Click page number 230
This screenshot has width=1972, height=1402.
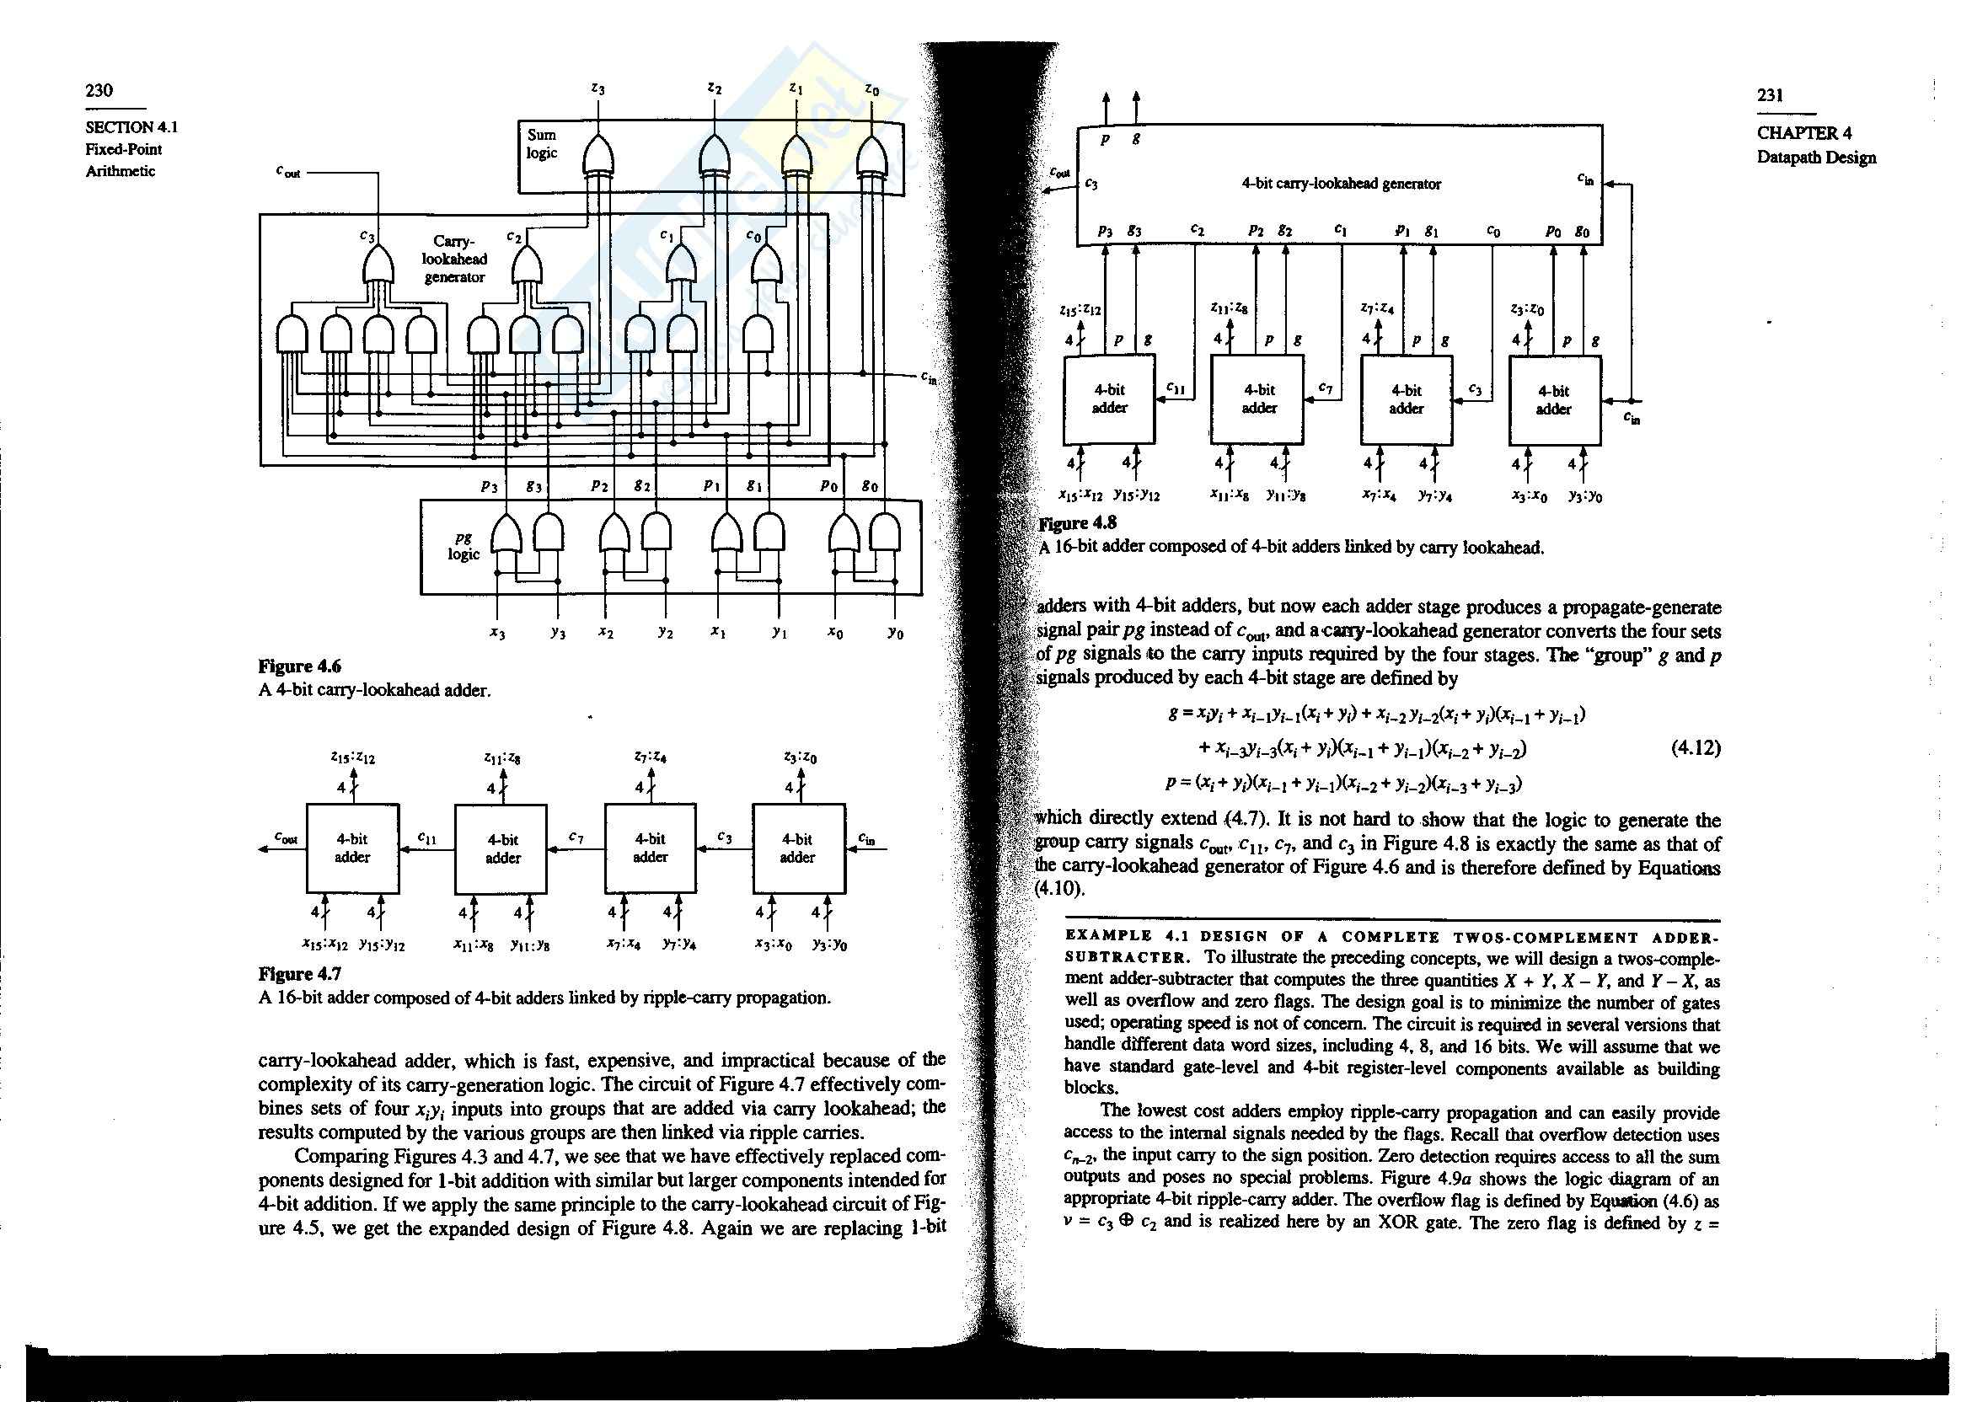[x=99, y=91]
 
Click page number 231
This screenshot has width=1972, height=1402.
[x=1770, y=96]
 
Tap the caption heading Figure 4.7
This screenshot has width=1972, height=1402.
[x=300, y=974]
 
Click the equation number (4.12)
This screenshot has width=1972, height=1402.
[x=1696, y=747]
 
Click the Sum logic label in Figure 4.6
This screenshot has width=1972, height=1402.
[x=542, y=143]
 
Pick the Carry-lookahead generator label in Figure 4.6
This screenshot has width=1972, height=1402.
[x=453, y=259]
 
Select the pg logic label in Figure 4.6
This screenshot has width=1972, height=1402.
[x=463, y=548]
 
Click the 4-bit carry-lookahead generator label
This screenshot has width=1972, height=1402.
[x=1341, y=183]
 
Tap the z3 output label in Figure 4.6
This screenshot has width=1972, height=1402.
[x=597, y=88]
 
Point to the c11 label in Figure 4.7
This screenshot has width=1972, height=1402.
[x=426, y=837]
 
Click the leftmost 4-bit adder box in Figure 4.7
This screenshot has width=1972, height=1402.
[x=352, y=848]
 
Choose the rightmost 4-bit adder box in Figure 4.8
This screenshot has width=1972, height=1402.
[x=1554, y=400]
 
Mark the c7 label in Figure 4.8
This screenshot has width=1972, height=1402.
[x=1326, y=389]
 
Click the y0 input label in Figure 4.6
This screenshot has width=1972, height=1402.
[x=895, y=634]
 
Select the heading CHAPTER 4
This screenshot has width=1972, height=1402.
[x=1803, y=134]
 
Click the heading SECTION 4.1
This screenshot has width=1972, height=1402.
[x=131, y=127]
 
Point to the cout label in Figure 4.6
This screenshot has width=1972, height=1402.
[x=287, y=172]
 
